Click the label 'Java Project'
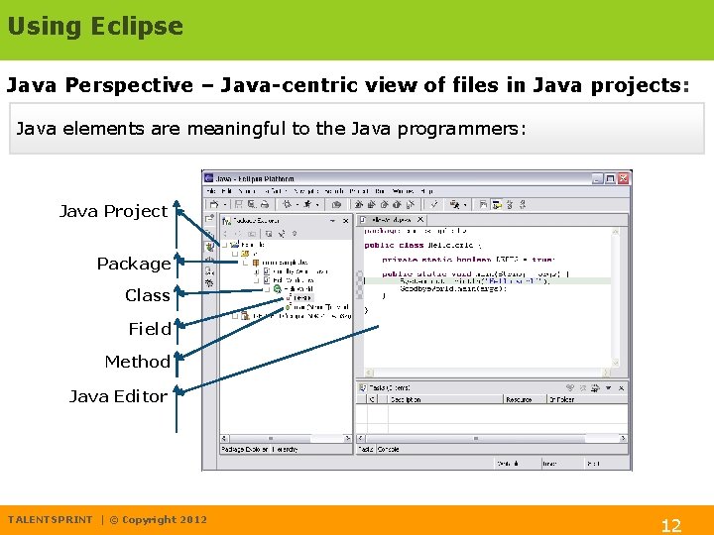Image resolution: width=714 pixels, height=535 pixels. (113, 211)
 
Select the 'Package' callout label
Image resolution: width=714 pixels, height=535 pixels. (134, 264)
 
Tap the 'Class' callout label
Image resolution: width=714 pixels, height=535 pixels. (147, 295)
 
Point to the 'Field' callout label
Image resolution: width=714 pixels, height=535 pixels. (149, 329)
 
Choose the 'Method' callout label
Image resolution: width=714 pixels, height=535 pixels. (137, 363)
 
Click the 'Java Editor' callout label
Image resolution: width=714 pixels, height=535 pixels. (118, 396)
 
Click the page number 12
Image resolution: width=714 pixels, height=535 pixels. (671, 525)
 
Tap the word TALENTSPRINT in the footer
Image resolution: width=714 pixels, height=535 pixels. (50, 520)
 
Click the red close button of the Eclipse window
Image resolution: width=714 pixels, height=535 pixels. (623, 179)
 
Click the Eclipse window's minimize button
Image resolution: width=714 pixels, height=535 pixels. (596, 179)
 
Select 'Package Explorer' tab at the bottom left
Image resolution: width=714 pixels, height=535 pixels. (245, 449)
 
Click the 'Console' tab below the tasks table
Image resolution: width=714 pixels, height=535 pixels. (387, 449)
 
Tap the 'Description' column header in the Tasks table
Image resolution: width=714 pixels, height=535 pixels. (406, 399)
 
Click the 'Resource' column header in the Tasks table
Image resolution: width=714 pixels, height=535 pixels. (518, 399)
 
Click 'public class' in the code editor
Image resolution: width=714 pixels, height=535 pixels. (394, 245)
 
